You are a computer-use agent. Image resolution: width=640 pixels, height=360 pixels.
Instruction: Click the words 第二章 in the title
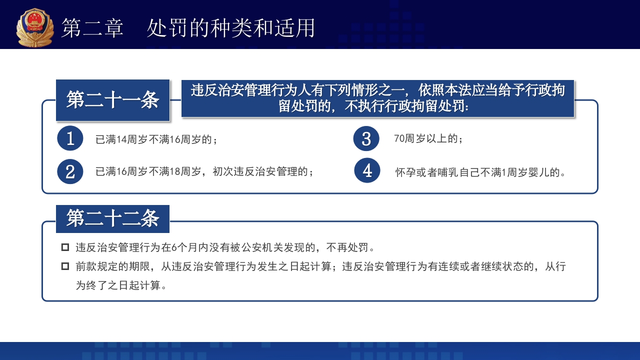(92, 28)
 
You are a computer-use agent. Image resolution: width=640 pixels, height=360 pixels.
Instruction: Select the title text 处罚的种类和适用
(231, 28)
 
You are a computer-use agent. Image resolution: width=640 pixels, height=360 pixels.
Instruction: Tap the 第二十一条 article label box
(112, 100)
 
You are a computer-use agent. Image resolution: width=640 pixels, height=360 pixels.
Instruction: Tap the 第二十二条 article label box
(112, 219)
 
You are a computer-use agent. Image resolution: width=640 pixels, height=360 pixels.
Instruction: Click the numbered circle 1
(70, 138)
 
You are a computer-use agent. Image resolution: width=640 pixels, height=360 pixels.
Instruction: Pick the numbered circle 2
(70, 171)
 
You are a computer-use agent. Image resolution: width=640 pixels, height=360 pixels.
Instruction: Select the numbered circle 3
(366, 138)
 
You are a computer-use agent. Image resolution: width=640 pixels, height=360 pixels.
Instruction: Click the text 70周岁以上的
(428, 139)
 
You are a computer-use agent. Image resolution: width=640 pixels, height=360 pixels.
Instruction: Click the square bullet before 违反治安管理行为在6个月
(65, 247)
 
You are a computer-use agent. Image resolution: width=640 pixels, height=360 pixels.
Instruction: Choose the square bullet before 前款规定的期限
(65, 266)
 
